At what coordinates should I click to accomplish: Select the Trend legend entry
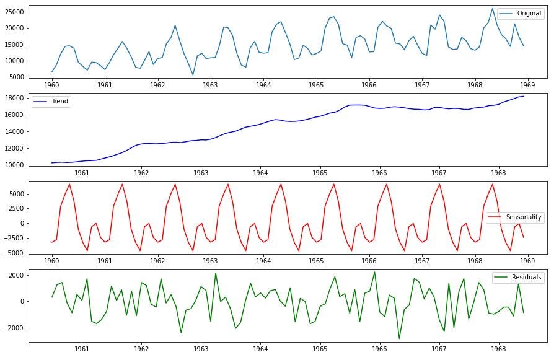[x=59, y=101]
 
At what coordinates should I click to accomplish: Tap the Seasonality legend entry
[x=524, y=217]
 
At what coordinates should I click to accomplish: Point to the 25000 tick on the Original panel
[x=14, y=12]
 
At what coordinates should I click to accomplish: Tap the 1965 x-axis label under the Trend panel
[x=320, y=174]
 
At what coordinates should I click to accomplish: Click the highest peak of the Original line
[x=493, y=9]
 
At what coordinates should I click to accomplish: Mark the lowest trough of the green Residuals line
[x=399, y=338]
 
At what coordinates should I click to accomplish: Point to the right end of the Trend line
[x=523, y=96]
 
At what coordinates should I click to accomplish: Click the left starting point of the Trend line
[x=52, y=163]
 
